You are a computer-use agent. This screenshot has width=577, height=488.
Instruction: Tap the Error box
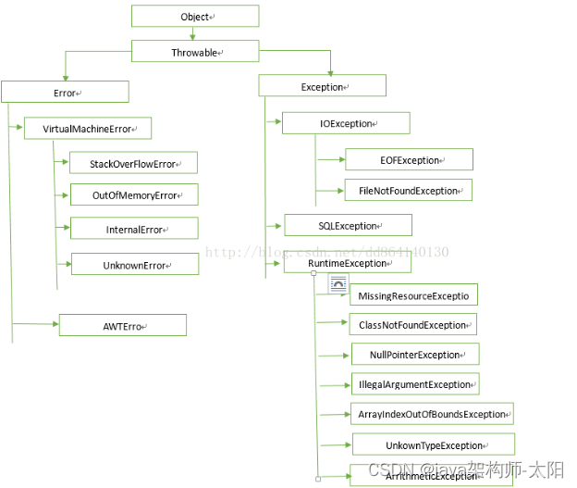point(64,93)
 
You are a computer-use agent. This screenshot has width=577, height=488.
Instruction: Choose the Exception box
point(321,87)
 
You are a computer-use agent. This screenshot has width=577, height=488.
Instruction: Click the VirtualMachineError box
point(87,129)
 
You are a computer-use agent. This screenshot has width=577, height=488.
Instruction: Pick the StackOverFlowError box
point(133,164)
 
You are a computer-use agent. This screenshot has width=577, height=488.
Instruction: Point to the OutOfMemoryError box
point(134,195)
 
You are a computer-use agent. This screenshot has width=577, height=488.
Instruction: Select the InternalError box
point(134,229)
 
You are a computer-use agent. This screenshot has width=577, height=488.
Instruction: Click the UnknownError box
point(135,265)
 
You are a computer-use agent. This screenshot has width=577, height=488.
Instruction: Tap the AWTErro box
point(122,326)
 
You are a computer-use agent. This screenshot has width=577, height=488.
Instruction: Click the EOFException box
point(409,159)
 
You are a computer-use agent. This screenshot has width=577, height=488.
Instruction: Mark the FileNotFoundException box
point(408,191)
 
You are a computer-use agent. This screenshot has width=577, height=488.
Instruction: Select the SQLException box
point(347,225)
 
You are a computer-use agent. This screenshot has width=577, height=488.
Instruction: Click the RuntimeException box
point(347,263)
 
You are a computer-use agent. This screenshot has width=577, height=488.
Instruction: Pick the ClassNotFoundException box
point(412,325)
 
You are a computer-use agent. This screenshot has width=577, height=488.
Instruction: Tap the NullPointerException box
point(414,355)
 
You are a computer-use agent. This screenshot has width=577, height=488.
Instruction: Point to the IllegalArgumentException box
point(414,384)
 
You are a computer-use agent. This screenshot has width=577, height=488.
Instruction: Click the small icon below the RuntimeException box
point(338,284)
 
